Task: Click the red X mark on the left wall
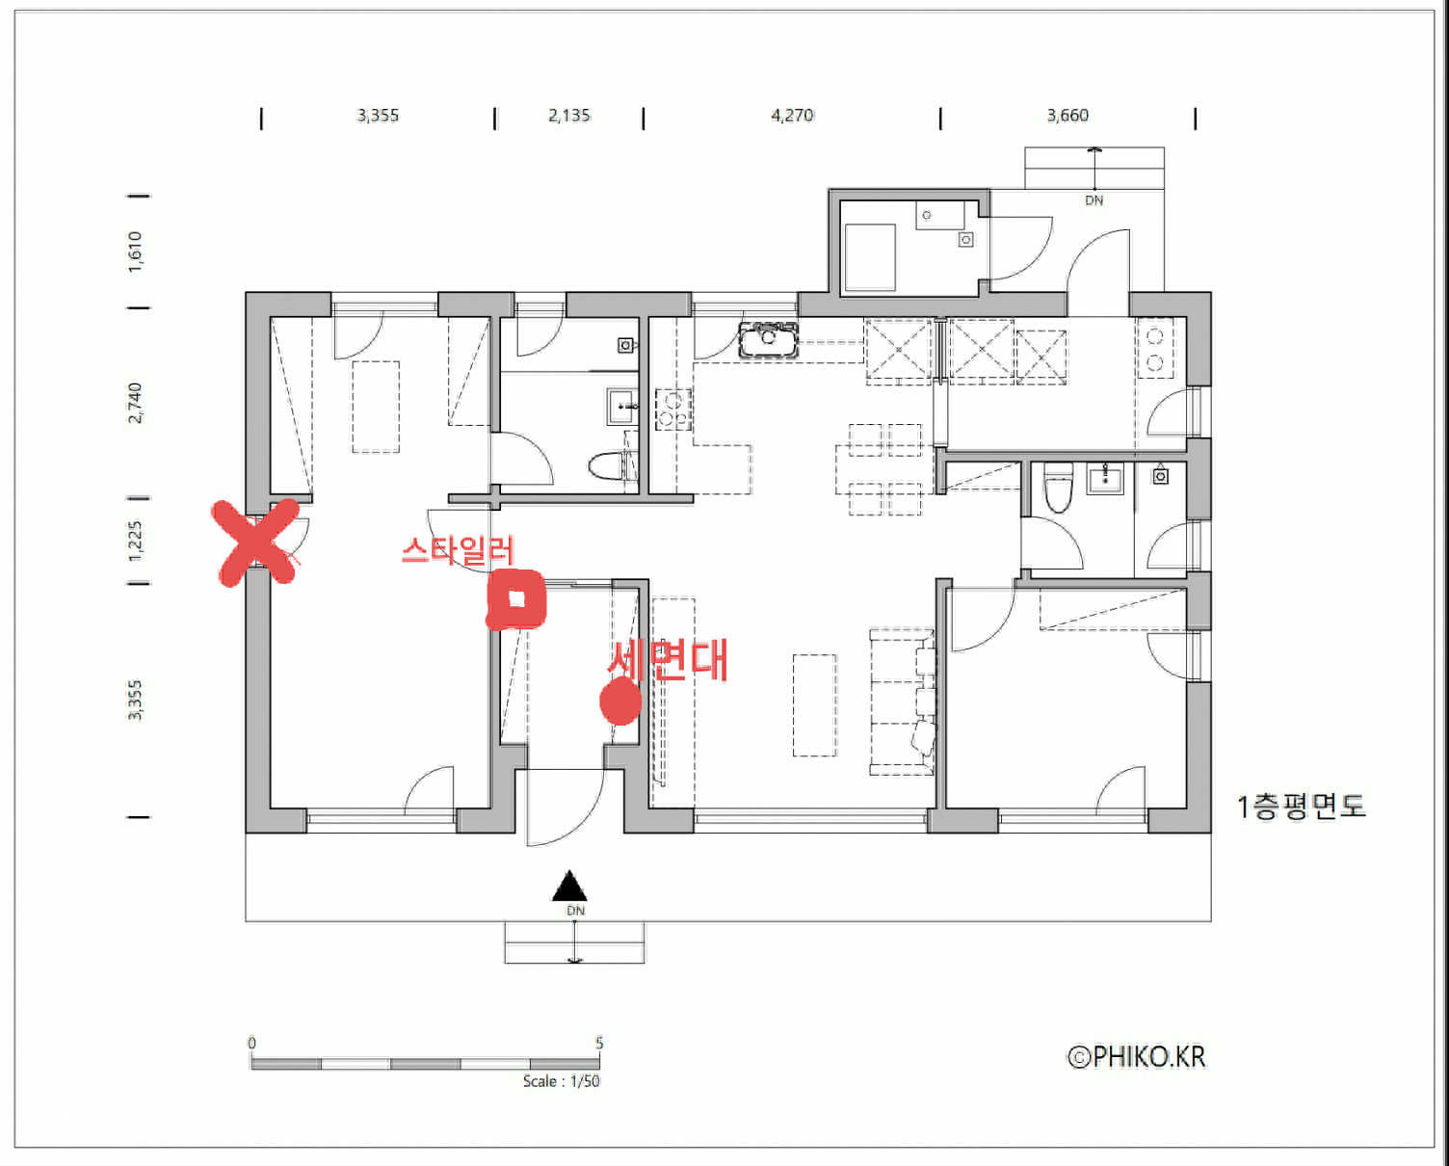click(x=255, y=543)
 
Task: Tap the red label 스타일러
click(x=458, y=550)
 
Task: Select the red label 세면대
click(x=668, y=660)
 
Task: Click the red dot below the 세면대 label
click(x=620, y=702)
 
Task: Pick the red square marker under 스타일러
click(x=515, y=599)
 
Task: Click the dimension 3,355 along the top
click(x=378, y=116)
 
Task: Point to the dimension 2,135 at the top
click(x=569, y=116)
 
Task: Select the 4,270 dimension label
click(x=792, y=116)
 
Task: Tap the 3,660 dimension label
click(x=1067, y=116)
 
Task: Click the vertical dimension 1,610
click(x=135, y=252)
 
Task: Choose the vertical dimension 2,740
click(x=135, y=403)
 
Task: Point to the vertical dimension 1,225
click(x=135, y=541)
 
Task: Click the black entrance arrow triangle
click(x=569, y=886)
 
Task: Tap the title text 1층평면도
click(x=1301, y=807)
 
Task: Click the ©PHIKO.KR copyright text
click(x=1137, y=1056)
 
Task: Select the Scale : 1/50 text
click(x=561, y=1081)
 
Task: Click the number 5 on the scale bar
click(x=598, y=1044)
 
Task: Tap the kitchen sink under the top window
click(x=768, y=339)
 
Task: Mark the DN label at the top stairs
click(x=1094, y=200)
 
